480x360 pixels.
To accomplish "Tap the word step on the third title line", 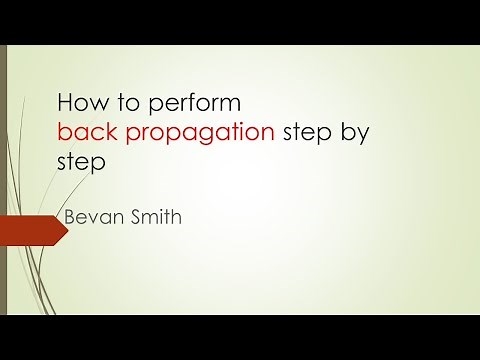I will (x=81, y=163).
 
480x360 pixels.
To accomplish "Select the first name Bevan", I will (x=89, y=216).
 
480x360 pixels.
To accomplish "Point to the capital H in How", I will (x=65, y=102).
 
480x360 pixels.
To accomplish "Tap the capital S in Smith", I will (x=132, y=216).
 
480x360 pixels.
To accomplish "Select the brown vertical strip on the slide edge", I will (x=3, y=180).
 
